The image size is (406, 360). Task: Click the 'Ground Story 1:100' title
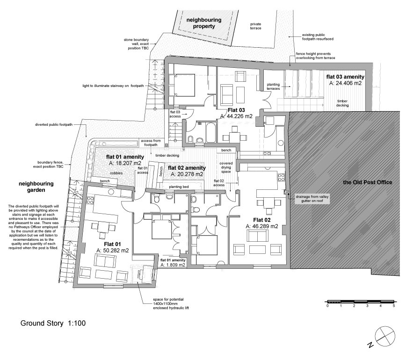point(53,323)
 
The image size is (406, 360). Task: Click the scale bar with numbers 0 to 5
point(360,302)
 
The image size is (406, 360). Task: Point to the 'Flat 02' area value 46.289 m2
point(261,226)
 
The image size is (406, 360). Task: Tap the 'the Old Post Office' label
point(368,182)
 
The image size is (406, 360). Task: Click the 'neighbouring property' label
point(201,23)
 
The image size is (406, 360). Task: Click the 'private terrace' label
point(255,26)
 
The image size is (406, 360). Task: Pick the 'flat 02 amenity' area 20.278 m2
point(187,174)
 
